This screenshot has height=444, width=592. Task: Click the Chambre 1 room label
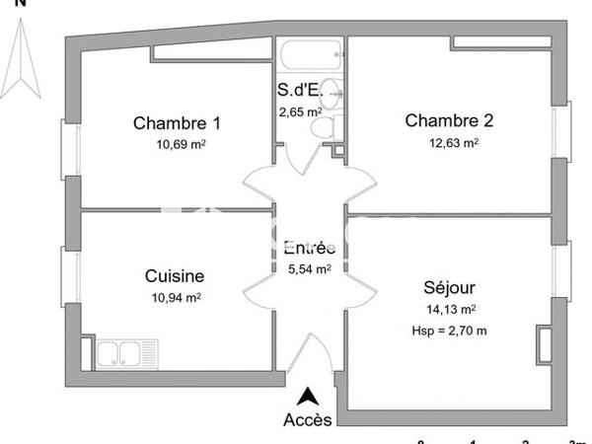[177, 124]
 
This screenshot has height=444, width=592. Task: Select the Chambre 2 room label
[449, 121]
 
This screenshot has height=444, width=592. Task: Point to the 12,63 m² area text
[452, 142]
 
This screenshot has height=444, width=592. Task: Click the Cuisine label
[174, 276]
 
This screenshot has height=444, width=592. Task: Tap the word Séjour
[449, 289]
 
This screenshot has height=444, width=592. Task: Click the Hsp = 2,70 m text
[449, 330]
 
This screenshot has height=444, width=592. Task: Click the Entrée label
[308, 248]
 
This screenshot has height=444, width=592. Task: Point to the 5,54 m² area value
[308, 267]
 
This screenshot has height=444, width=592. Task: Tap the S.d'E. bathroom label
[301, 95]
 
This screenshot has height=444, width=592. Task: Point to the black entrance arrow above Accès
[309, 397]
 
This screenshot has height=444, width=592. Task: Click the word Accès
[308, 418]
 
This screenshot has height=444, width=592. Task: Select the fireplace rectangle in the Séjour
[545, 341]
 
